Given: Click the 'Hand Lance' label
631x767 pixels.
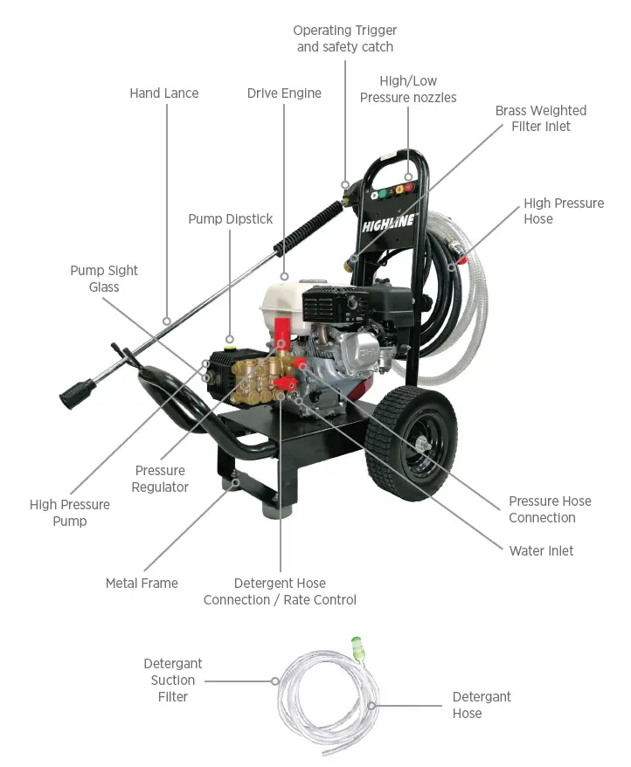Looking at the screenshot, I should pyautogui.click(x=164, y=93).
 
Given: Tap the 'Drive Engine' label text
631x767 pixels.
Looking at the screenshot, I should pyautogui.click(x=284, y=93).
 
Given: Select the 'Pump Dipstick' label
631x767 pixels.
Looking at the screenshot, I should pyautogui.click(x=231, y=219).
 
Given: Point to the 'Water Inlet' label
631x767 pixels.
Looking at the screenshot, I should pyautogui.click(x=542, y=551).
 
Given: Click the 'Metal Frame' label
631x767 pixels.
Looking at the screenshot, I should pyautogui.click(x=142, y=584).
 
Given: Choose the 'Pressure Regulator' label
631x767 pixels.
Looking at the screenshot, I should pyautogui.click(x=160, y=479).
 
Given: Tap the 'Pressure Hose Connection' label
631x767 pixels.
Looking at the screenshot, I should pyautogui.click(x=550, y=509).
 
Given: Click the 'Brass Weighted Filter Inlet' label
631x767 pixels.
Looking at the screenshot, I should pyautogui.click(x=540, y=119).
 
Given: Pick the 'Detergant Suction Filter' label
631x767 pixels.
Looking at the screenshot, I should pyautogui.click(x=173, y=680).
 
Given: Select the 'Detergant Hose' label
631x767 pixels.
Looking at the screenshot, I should pyautogui.click(x=482, y=705).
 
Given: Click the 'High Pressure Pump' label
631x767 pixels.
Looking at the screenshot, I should pyautogui.click(x=70, y=513).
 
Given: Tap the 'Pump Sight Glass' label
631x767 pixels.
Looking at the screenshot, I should pyautogui.click(x=104, y=279).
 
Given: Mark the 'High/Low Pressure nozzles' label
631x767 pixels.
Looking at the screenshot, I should pyautogui.click(x=408, y=89).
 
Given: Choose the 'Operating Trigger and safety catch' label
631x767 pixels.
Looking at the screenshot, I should pyautogui.click(x=344, y=39).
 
